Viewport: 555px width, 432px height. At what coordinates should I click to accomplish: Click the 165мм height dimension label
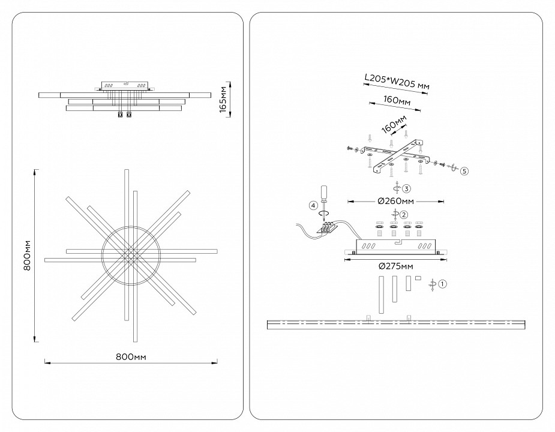pos(223,98)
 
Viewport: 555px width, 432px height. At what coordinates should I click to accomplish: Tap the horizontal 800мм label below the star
pos(131,356)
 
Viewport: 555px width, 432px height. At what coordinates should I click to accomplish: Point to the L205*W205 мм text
pos(397,82)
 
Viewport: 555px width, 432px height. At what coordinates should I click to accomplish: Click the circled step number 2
pos(404,214)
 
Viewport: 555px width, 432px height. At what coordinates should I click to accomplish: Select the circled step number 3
pos(406,188)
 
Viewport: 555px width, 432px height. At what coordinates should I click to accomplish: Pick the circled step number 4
pos(313,206)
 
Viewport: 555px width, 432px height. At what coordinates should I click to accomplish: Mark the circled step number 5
pos(464,171)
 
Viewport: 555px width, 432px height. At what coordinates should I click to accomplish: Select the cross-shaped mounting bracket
pos(398,155)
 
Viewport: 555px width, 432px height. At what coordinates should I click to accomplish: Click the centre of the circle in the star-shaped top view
pos(131,254)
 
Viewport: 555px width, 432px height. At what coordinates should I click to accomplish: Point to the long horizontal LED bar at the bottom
pos(396,325)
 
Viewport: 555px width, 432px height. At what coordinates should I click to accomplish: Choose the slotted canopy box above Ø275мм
pos(396,247)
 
